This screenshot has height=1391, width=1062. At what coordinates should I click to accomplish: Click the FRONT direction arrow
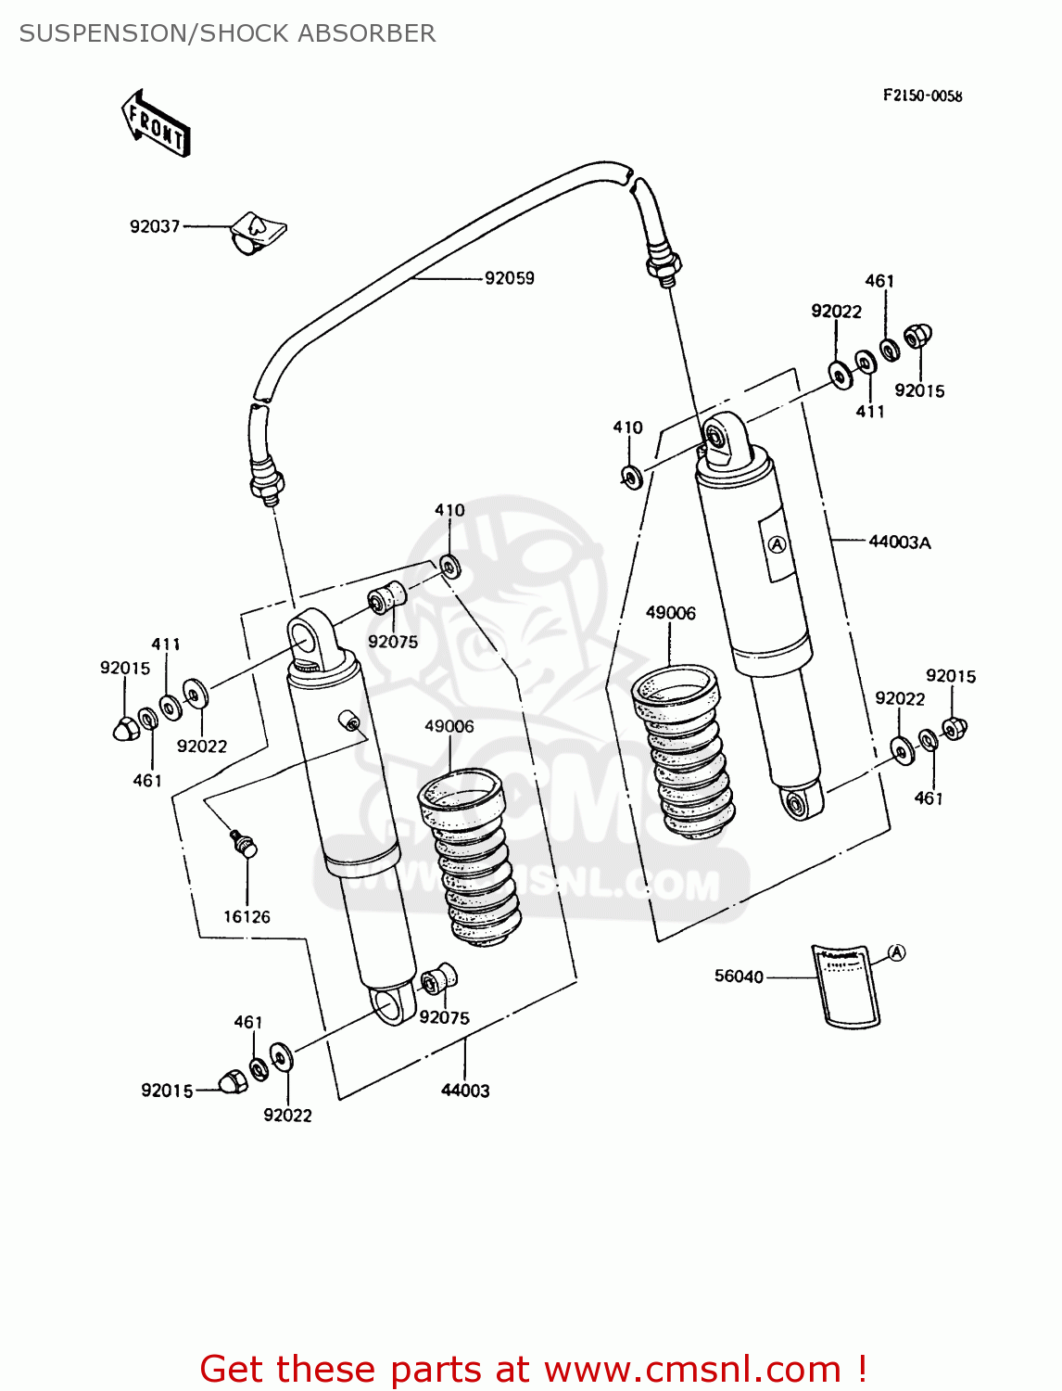coord(156,122)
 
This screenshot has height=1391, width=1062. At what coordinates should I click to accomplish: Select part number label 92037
coord(155,226)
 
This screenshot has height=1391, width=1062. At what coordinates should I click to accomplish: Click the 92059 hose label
coord(510,278)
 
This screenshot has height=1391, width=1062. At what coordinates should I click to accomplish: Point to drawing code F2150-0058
coord(922,96)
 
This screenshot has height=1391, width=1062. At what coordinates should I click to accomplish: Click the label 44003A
coord(899,542)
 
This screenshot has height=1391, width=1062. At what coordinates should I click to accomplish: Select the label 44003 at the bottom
coord(465,1091)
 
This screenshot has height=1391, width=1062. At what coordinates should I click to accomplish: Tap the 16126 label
coord(247,916)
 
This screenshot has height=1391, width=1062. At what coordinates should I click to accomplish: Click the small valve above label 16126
coord(244,843)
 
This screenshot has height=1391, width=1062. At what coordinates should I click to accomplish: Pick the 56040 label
coord(739,976)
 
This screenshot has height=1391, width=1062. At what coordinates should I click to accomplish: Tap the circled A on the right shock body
coord(778,544)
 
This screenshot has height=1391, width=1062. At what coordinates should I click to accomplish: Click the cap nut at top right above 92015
coord(917,336)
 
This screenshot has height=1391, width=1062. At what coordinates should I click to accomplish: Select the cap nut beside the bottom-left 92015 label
coord(233,1080)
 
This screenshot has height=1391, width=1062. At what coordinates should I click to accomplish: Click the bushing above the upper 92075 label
coord(386,598)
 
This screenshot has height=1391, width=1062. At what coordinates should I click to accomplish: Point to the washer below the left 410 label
coord(450,566)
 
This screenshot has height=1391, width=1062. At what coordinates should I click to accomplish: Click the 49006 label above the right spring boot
coord(670,613)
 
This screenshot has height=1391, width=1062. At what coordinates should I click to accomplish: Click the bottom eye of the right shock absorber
coord(798,801)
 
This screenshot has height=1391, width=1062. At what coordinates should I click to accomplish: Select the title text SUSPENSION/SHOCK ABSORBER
coord(227,33)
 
